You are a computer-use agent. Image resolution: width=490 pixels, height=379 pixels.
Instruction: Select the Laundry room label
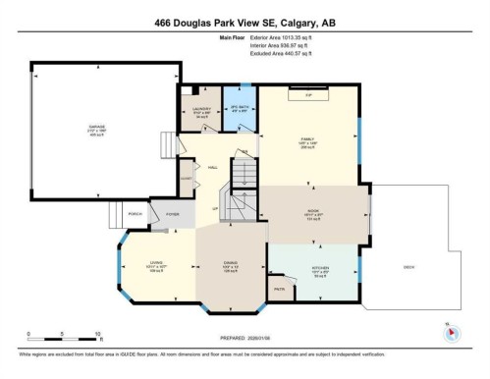click(x=200, y=110)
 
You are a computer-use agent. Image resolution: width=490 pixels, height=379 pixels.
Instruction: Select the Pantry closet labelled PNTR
click(x=279, y=290)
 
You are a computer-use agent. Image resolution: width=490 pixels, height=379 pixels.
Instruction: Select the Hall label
click(x=211, y=167)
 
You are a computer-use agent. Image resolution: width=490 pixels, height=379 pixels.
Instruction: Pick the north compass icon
click(x=452, y=331)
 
